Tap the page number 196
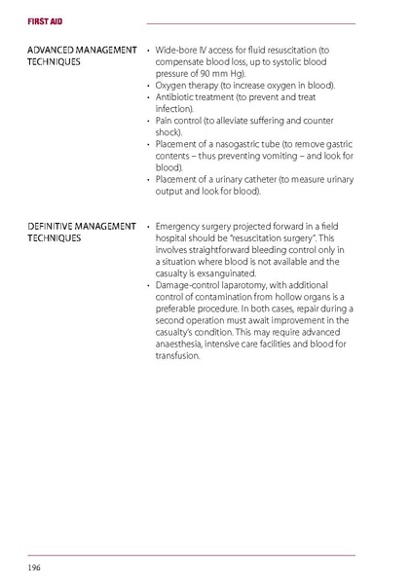pos(34,566)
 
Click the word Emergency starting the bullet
pos(180,226)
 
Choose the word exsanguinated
pos(221,273)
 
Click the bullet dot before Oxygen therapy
pos(147,85)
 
